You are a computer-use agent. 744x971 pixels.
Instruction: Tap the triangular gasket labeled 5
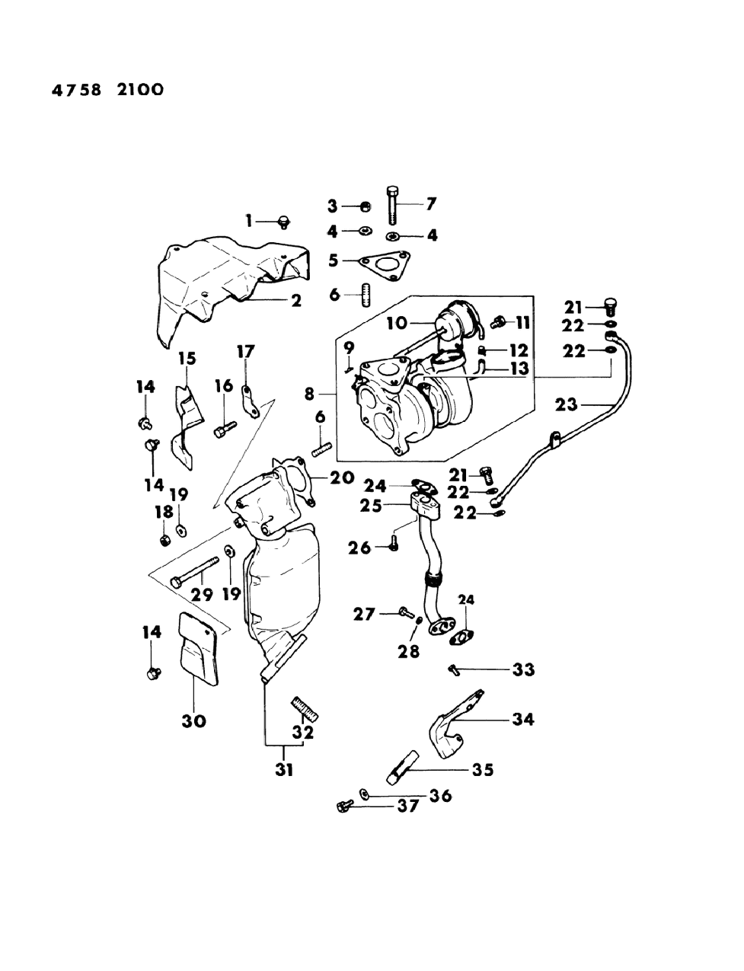pyautogui.click(x=384, y=261)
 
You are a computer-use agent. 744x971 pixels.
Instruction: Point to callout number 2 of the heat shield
pyautogui.click(x=295, y=300)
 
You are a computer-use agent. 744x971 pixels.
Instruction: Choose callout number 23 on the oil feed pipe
pyautogui.click(x=566, y=404)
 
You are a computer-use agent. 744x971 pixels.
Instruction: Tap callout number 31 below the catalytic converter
pyautogui.click(x=284, y=770)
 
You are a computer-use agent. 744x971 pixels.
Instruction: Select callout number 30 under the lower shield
pyautogui.click(x=194, y=720)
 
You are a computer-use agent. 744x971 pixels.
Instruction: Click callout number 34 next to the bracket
pyautogui.click(x=523, y=718)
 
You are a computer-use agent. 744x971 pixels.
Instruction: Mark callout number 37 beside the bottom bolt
pyautogui.click(x=408, y=806)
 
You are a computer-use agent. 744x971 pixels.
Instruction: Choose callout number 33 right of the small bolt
pyautogui.click(x=523, y=670)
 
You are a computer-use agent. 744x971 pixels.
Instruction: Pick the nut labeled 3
pyautogui.click(x=365, y=206)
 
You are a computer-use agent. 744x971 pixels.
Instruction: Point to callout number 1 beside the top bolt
pyautogui.click(x=248, y=221)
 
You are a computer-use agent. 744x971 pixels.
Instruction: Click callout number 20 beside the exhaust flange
pyautogui.click(x=342, y=478)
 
